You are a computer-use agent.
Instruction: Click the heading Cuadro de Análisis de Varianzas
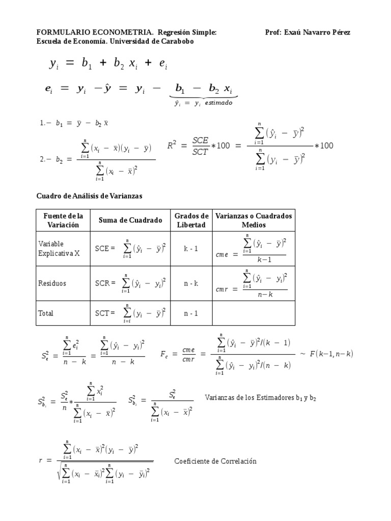pyautogui.click(x=90, y=196)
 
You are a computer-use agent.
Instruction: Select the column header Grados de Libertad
pyautogui.click(x=191, y=220)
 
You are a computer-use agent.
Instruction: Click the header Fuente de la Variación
pyautogui.click(x=63, y=220)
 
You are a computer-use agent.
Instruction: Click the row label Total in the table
pyautogui.click(x=46, y=313)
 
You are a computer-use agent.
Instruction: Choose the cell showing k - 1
pyautogui.click(x=191, y=248)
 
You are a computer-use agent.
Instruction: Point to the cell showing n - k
pyautogui.click(x=191, y=283)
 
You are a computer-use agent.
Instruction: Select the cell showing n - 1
pyautogui.click(x=191, y=313)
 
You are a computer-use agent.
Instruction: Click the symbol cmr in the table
pyautogui.click(x=221, y=289)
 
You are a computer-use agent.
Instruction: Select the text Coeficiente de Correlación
pyautogui.click(x=215, y=461)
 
